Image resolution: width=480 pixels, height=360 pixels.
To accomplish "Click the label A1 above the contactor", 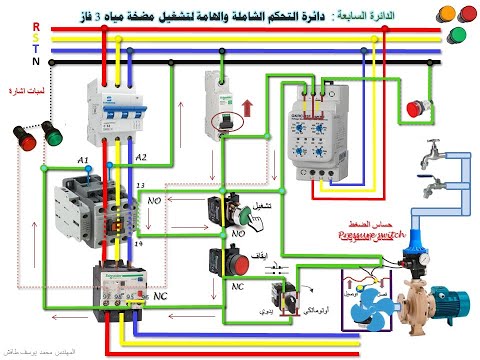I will coord(83,159).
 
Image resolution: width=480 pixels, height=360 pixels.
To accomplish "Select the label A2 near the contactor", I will coord(140,158).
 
